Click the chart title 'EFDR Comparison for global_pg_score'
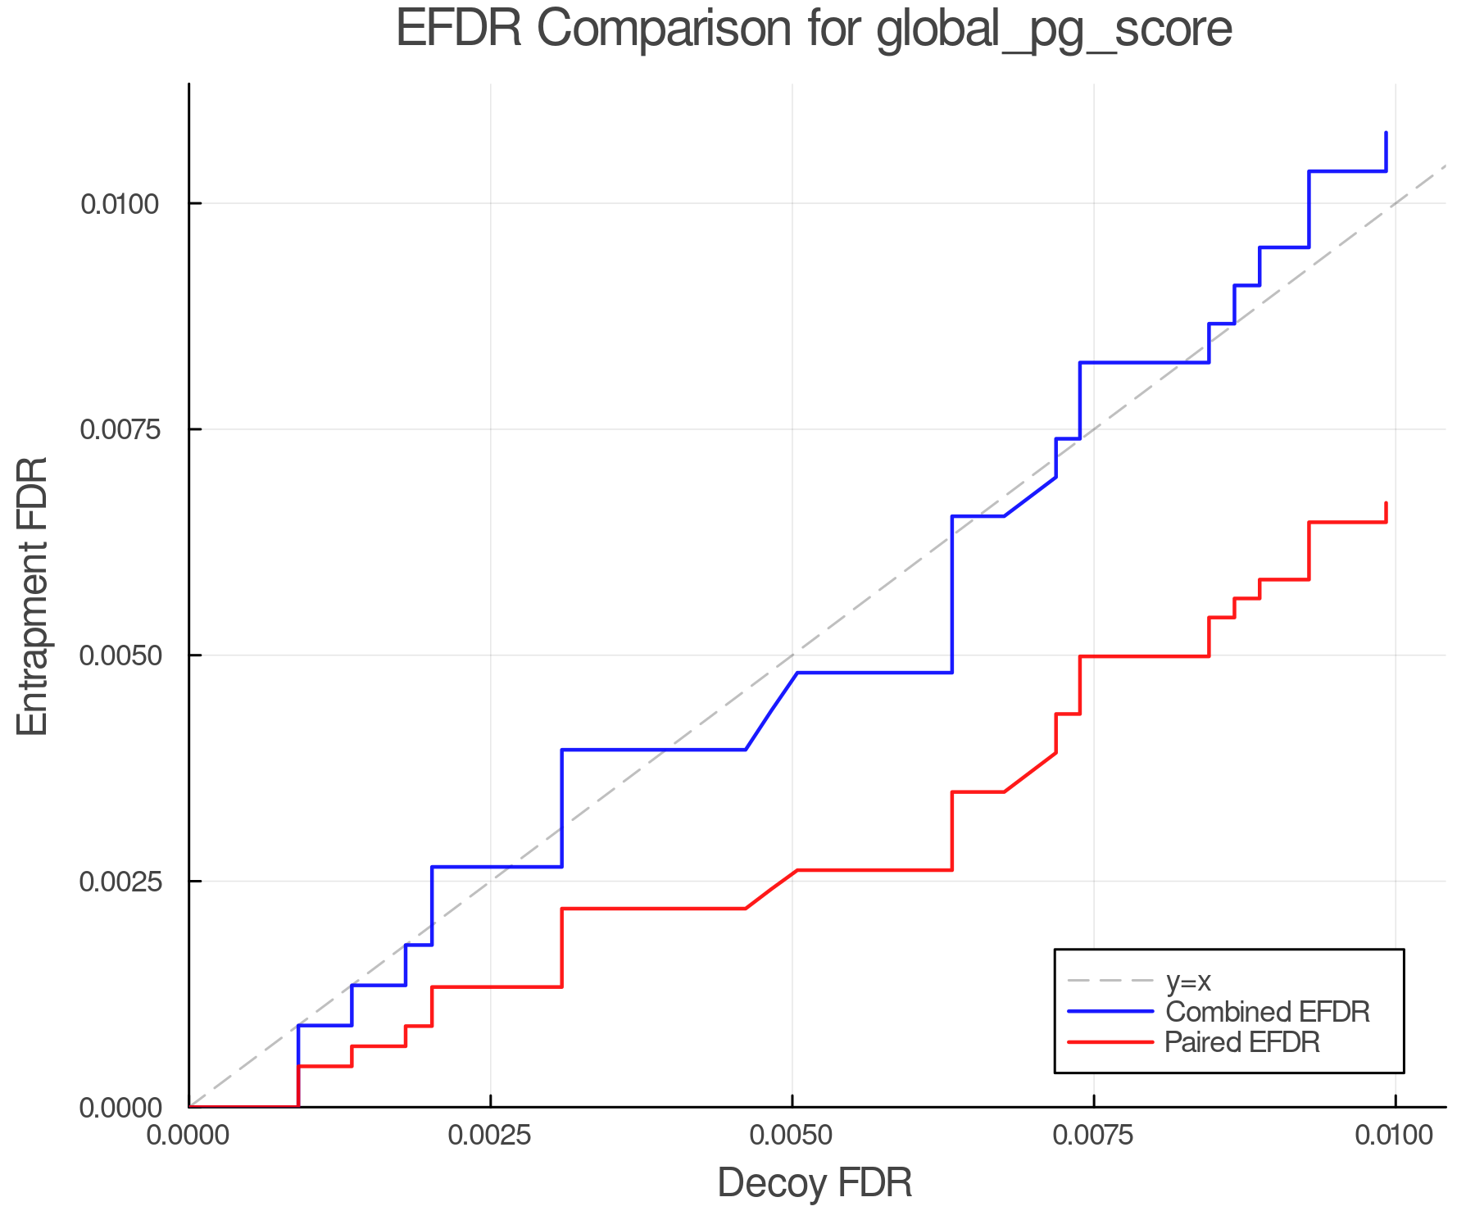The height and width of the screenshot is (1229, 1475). [x=814, y=29]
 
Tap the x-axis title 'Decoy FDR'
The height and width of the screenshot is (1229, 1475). [x=815, y=1183]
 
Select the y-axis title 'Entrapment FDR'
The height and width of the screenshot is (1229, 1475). [x=34, y=596]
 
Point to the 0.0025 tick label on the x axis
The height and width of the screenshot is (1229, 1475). [x=490, y=1136]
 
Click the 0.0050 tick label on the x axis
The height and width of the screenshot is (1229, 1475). [x=792, y=1136]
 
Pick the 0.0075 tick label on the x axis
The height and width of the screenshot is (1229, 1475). [x=1093, y=1136]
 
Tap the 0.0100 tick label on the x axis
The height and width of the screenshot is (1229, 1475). [x=1395, y=1136]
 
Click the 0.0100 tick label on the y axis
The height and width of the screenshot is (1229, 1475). [x=120, y=203]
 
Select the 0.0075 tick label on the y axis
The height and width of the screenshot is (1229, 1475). [x=120, y=429]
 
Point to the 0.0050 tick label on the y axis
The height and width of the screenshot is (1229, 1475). [x=120, y=655]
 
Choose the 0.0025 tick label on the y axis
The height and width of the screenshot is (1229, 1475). [x=120, y=882]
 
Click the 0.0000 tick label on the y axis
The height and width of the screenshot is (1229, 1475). [x=120, y=1108]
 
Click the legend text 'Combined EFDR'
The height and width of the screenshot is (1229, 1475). [x=1267, y=1012]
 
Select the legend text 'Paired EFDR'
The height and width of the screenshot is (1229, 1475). [x=1242, y=1042]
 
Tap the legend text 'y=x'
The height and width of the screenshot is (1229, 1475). [x=1188, y=981]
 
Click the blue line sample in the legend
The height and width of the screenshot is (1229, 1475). [x=1110, y=1012]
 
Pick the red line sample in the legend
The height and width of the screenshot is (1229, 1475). [x=1110, y=1042]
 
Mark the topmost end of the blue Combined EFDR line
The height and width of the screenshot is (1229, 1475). [x=1386, y=132]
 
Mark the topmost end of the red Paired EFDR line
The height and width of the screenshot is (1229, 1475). [x=1386, y=503]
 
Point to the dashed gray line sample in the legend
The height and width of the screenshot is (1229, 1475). [x=1110, y=981]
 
